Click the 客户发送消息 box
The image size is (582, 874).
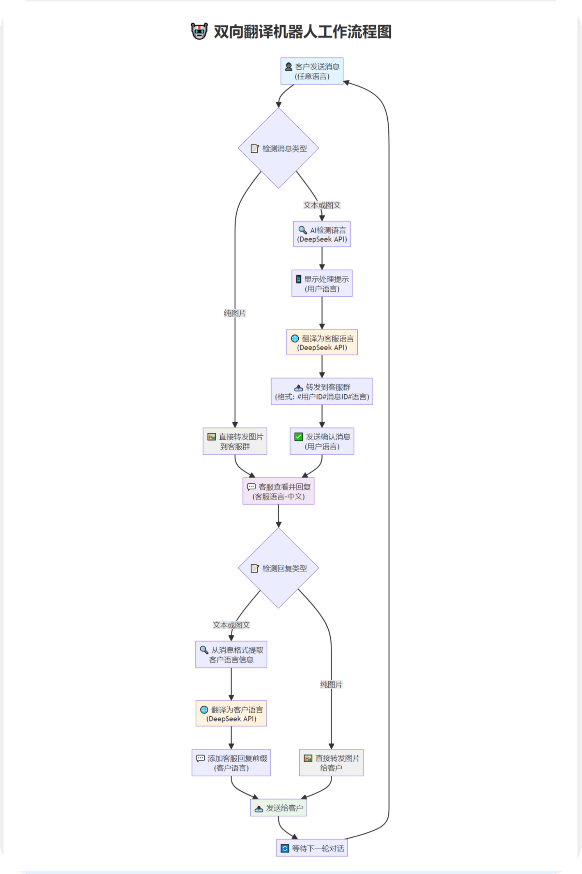tap(312, 71)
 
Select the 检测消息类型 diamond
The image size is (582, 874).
tap(278, 148)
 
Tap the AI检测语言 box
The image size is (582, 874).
tap(322, 234)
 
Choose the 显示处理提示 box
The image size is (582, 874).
tap(322, 283)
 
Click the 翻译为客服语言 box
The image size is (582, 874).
tap(322, 342)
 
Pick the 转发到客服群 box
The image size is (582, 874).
tap(322, 392)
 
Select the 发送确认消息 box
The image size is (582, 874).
tap(322, 441)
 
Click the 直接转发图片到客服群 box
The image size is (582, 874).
tap(235, 441)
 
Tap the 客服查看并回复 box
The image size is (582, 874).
tap(278, 491)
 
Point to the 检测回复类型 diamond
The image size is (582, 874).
tap(278, 568)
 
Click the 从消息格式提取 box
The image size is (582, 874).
tap(231, 654)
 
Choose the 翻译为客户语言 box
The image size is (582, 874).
tap(231, 714)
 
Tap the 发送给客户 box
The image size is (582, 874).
tap(278, 808)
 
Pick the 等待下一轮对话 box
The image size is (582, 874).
tap(312, 848)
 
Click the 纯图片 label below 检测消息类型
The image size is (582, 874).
tap(235, 313)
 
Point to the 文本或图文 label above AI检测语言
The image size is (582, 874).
tap(322, 205)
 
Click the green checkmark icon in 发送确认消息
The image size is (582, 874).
tap(298, 437)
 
